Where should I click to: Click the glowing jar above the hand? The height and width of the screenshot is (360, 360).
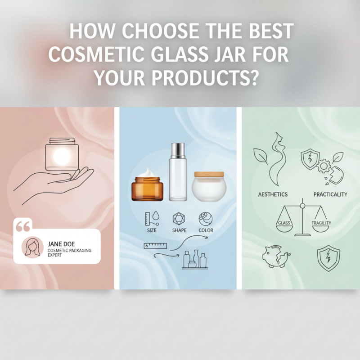pos(62,155)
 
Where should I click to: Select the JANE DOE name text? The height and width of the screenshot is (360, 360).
pos(60,243)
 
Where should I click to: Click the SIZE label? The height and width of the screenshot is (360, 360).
pos(153,230)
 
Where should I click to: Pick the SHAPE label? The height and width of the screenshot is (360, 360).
pos(179,230)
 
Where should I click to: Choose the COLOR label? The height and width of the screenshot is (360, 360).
pos(206,230)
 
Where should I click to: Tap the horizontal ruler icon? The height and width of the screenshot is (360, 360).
pos(155,246)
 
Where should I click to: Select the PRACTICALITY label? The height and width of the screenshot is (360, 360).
pos(330,194)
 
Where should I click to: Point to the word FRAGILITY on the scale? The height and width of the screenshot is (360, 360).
pos(321,223)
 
